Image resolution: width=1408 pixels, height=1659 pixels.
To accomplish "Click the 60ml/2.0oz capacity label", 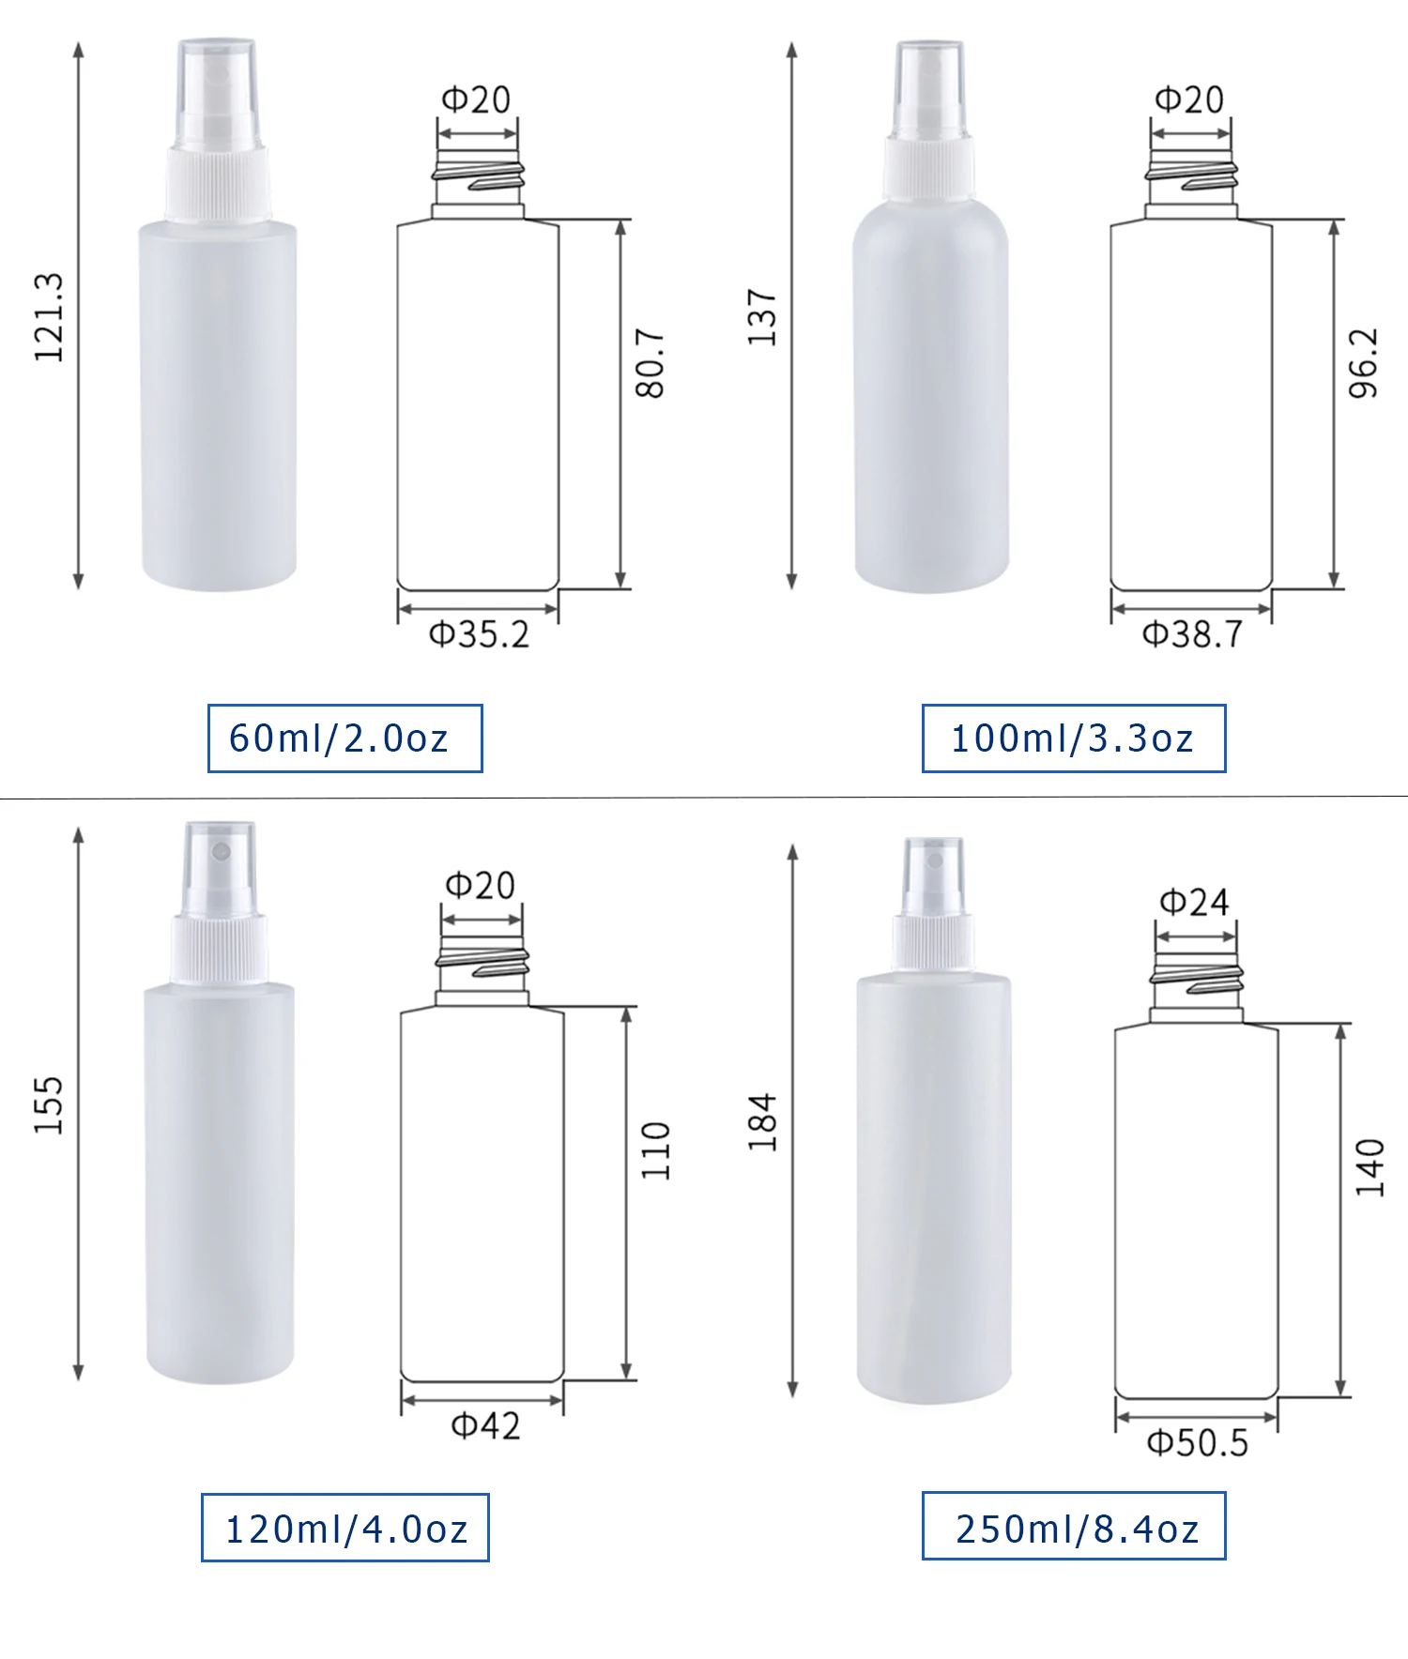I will tap(344, 738).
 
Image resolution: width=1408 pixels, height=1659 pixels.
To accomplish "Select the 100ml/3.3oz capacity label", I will tap(1073, 738).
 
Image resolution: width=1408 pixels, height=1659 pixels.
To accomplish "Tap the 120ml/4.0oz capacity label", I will tap(344, 1529).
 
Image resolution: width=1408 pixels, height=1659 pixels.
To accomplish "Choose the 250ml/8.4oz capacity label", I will tap(1074, 1527).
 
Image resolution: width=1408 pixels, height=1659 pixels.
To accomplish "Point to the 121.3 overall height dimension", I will tap(49, 317).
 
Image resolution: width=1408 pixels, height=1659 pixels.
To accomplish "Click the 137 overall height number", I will tap(762, 317).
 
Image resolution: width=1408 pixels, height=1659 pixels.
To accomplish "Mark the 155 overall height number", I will tap(49, 1104).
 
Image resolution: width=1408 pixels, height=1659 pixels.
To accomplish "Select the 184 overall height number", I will tap(762, 1121).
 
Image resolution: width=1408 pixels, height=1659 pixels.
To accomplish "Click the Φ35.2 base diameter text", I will tap(479, 635).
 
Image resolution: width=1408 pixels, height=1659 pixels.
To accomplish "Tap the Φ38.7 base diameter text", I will tap(1192, 635).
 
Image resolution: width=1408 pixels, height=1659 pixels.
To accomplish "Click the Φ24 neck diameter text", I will tap(1194, 903).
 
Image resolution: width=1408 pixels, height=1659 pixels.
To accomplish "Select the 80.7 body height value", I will tap(650, 363).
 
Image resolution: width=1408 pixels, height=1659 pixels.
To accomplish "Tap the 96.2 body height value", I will tap(1363, 363).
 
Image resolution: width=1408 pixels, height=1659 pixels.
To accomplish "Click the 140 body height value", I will tap(1370, 1166).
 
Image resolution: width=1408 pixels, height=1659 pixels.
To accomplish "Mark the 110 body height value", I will tap(655, 1150).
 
